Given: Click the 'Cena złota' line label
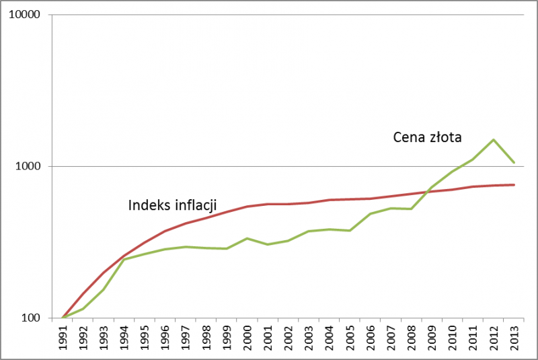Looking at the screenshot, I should coord(427,138).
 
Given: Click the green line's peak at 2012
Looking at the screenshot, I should coord(494,140).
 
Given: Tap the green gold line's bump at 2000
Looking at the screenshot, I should coord(247,238).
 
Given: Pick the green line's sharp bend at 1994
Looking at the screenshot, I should coord(124,260).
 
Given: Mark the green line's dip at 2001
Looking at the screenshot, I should coord(268,244).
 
